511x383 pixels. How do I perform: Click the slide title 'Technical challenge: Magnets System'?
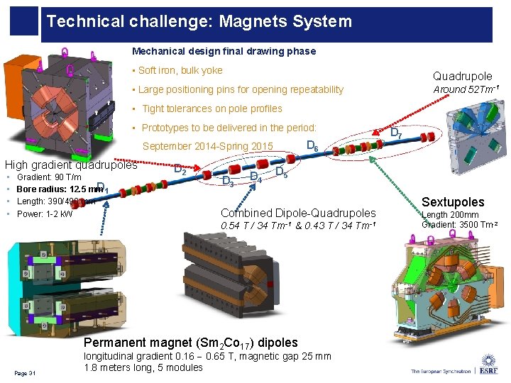click(x=199, y=21)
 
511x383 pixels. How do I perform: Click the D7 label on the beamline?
click(x=397, y=133)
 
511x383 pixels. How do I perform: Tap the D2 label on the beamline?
click(x=181, y=170)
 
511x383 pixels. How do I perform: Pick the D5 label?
click(x=280, y=172)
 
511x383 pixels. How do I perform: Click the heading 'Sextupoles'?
click(x=453, y=202)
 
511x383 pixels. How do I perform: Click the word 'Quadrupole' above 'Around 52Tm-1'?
click(x=462, y=76)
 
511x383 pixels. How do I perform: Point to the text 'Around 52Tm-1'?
click(x=466, y=89)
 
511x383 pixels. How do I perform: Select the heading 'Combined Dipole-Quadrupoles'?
click(x=298, y=213)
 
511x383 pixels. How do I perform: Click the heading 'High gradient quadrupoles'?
click(x=71, y=165)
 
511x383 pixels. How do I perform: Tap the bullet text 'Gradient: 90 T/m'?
click(x=49, y=177)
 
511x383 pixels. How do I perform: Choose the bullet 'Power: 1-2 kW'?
click(x=44, y=213)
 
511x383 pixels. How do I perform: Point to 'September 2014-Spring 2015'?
click(x=209, y=147)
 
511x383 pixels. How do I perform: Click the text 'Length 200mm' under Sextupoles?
click(x=451, y=215)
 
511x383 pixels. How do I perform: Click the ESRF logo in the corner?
click(x=488, y=363)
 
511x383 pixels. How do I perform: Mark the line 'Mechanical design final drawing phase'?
click(x=224, y=51)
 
